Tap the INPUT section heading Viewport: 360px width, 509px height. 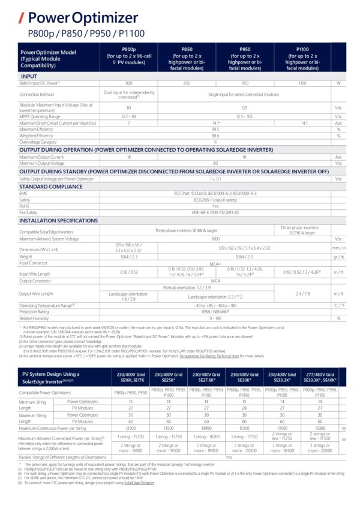pos(29,77)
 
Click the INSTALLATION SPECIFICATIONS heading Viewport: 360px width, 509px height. pos(59,221)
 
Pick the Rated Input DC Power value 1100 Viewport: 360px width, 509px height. pos(303,83)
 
